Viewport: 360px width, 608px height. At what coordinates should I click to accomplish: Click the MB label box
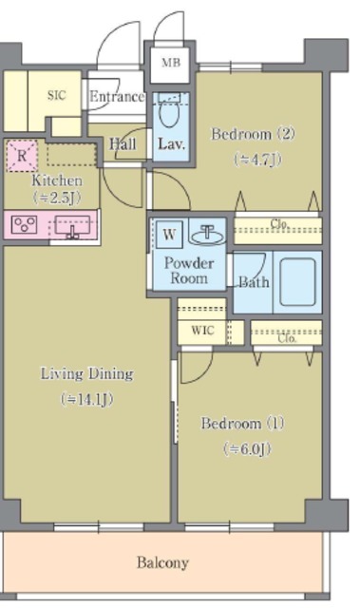click(x=170, y=64)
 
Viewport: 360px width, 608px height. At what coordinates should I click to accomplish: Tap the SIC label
click(x=57, y=95)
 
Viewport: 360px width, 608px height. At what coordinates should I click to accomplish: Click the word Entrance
click(x=117, y=97)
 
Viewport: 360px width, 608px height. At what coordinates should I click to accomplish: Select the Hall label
click(x=123, y=144)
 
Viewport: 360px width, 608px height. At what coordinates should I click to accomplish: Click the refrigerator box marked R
click(x=22, y=156)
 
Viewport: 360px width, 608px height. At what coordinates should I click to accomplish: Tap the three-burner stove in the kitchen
click(x=24, y=224)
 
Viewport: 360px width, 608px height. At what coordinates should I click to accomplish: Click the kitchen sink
click(x=72, y=226)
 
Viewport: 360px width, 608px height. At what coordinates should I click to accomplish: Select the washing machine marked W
click(x=169, y=235)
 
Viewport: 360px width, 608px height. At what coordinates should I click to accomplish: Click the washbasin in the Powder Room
click(x=207, y=234)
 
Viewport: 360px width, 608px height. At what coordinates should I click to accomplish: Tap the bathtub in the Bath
click(x=297, y=282)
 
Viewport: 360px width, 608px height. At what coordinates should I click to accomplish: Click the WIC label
click(x=202, y=331)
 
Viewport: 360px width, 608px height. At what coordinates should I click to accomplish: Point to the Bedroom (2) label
click(x=253, y=134)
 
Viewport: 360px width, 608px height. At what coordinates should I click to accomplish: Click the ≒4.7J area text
click(x=257, y=159)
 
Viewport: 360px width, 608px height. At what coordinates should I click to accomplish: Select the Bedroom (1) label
click(x=242, y=423)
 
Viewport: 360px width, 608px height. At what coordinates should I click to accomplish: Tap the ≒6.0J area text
click(x=247, y=449)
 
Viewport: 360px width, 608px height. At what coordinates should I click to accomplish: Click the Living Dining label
click(x=87, y=373)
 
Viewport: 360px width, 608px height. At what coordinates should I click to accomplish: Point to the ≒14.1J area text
click(x=86, y=399)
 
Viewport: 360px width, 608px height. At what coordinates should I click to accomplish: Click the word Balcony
click(x=162, y=562)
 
